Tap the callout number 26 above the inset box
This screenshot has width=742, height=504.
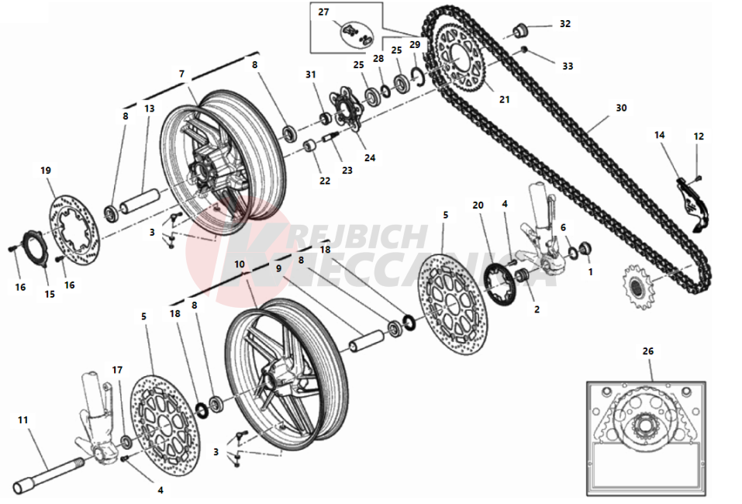pos(648,351)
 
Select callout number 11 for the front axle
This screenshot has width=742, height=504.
pos(23,419)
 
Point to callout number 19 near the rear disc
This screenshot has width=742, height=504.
pos(47,170)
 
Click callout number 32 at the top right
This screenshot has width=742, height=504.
pos(565,24)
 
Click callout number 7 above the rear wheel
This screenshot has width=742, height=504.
pos(182,74)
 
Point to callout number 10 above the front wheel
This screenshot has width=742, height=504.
pos(241,264)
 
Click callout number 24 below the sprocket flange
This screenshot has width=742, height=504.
pos(370,157)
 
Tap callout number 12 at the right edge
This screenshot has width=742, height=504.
pos(699,136)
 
